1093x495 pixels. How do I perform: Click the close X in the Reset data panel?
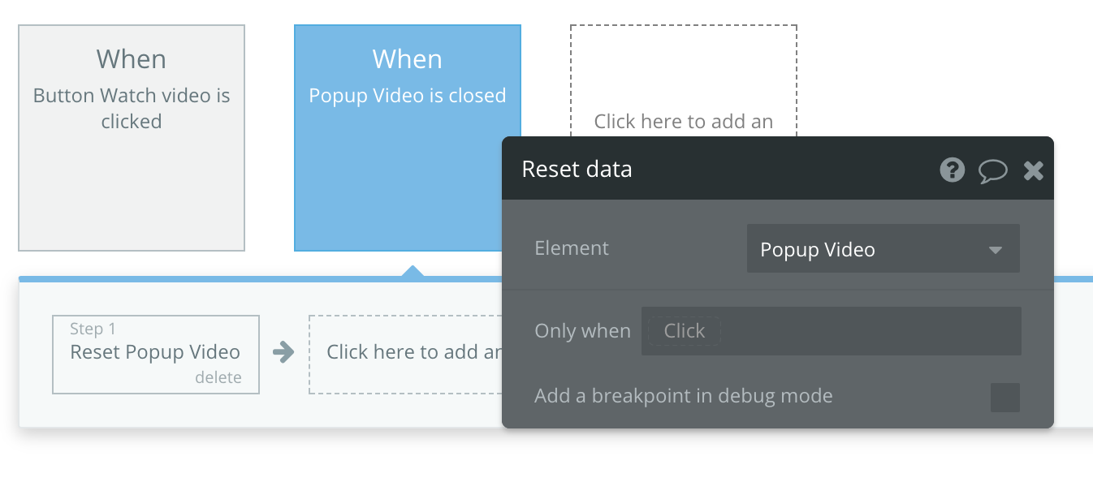point(1034,170)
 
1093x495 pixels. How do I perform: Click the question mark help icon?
point(952,170)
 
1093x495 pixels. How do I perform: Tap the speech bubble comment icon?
point(992,171)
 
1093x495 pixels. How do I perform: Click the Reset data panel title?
point(577,170)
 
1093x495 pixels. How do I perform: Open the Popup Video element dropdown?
point(883,249)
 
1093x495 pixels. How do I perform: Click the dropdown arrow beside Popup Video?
point(996,250)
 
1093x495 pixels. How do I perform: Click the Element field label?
point(572,248)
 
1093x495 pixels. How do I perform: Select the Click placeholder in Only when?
point(684,331)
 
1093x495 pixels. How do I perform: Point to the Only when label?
point(582,331)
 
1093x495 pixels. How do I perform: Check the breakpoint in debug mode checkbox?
point(1005,398)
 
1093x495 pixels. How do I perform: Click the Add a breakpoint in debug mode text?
point(683,396)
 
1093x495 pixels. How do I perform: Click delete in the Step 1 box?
point(218,377)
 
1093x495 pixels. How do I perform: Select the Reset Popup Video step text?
point(155,352)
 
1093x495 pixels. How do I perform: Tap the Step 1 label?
point(93,329)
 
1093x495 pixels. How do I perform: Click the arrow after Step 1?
point(283,352)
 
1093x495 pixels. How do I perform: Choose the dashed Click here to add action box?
point(405,355)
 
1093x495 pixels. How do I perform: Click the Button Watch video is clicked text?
point(132,108)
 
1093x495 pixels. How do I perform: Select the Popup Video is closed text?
point(408,96)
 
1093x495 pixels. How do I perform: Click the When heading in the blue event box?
point(408,59)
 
